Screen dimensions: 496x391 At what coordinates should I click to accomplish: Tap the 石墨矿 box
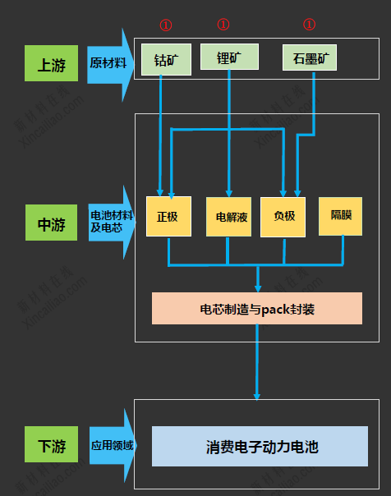(x=310, y=58)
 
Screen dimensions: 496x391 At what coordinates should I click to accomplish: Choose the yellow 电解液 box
(x=228, y=217)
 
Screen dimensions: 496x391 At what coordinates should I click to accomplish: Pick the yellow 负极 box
(x=283, y=217)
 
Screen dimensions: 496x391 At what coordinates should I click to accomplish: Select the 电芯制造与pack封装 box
(x=257, y=309)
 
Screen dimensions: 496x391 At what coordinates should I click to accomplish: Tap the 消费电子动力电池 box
(x=260, y=447)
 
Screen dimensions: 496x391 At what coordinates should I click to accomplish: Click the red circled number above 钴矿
(x=166, y=25)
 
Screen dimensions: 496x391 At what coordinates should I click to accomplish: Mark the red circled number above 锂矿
(x=223, y=25)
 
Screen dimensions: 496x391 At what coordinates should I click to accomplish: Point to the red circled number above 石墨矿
(x=309, y=25)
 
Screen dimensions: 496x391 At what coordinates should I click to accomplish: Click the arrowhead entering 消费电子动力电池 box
(x=257, y=396)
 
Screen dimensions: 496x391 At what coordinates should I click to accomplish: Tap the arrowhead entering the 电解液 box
(x=228, y=191)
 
